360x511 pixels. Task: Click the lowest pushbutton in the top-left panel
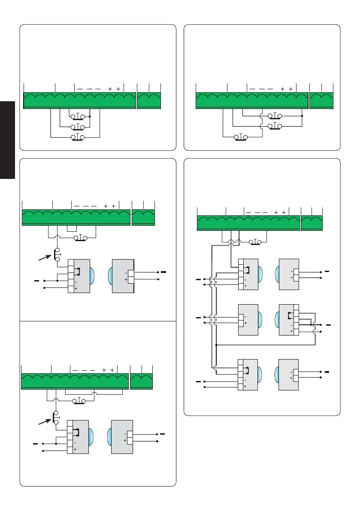78,137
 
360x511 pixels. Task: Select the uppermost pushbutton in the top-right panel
275,115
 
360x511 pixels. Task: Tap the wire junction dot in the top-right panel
303,115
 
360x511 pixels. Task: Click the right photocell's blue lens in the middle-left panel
110,275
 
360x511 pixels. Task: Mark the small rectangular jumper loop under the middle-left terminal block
71,229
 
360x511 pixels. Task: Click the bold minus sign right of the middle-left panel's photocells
163,272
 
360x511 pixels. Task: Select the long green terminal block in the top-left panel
79,100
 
